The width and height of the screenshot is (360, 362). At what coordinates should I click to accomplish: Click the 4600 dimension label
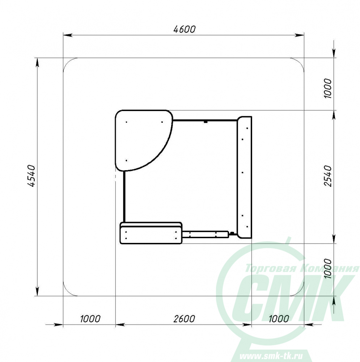click(x=185, y=29)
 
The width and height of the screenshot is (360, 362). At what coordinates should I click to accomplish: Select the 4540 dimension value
click(x=31, y=176)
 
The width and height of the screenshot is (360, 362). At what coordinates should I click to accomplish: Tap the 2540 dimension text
click(x=328, y=176)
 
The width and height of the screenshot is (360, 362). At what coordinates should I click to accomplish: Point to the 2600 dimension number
click(x=184, y=319)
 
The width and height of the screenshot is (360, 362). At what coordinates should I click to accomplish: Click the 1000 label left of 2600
click(x=90, y=319)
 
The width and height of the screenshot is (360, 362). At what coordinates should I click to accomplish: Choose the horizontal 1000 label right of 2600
click(x=279, y=319)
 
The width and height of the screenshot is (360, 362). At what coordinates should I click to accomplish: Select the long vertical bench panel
click(x=244, y=177)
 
